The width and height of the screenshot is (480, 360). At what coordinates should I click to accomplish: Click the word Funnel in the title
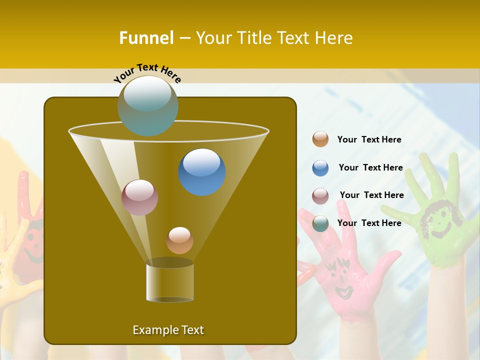(146, 38)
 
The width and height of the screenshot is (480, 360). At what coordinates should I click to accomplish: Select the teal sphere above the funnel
(148, 105)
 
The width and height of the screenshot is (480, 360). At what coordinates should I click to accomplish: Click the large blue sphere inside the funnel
(202, 171)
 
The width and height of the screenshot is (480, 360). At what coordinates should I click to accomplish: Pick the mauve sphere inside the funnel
(140, 197)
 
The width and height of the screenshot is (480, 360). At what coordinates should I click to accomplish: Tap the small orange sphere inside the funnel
(179, 240)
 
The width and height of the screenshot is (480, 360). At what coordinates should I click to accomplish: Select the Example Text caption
(168, 330)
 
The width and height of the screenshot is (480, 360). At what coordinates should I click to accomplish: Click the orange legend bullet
(320, 139)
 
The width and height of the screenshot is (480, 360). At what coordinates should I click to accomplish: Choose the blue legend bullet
(320, 168)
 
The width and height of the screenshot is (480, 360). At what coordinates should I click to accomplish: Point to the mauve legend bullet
(320, 196)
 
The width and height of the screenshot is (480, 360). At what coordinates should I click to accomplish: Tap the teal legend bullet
(320, 223)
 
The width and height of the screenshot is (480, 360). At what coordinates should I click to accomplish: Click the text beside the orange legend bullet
(369, 140)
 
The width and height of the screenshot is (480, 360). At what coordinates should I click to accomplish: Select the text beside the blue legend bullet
(370, 168)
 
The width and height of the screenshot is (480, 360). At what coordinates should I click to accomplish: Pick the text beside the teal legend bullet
(369, 223)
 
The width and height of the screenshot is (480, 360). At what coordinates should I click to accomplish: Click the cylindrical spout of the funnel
(170, 282)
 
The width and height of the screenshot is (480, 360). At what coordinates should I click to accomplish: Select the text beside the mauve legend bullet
(371, 195)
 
